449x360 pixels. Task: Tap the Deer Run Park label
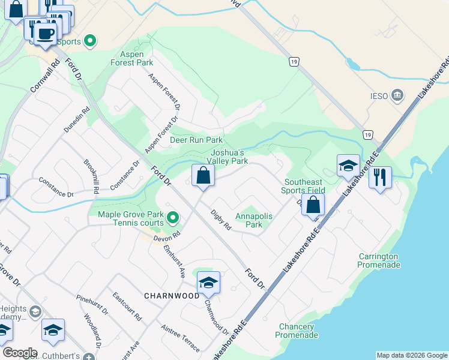[196, 140]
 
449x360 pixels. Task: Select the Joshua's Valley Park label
[227, 157]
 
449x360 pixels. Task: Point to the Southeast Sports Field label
[304, 186]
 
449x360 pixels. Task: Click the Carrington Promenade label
[379, 260]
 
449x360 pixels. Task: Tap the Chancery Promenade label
[296, 331]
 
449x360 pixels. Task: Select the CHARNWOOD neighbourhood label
[172, 296]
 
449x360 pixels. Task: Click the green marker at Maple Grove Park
[173, 217]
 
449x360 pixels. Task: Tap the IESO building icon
[397, 95]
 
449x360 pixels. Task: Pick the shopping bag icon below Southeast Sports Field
[313, 205]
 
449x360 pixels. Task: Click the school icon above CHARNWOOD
[208, 282]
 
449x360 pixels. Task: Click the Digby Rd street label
[221, 220]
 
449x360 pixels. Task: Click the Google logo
[19, 353]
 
